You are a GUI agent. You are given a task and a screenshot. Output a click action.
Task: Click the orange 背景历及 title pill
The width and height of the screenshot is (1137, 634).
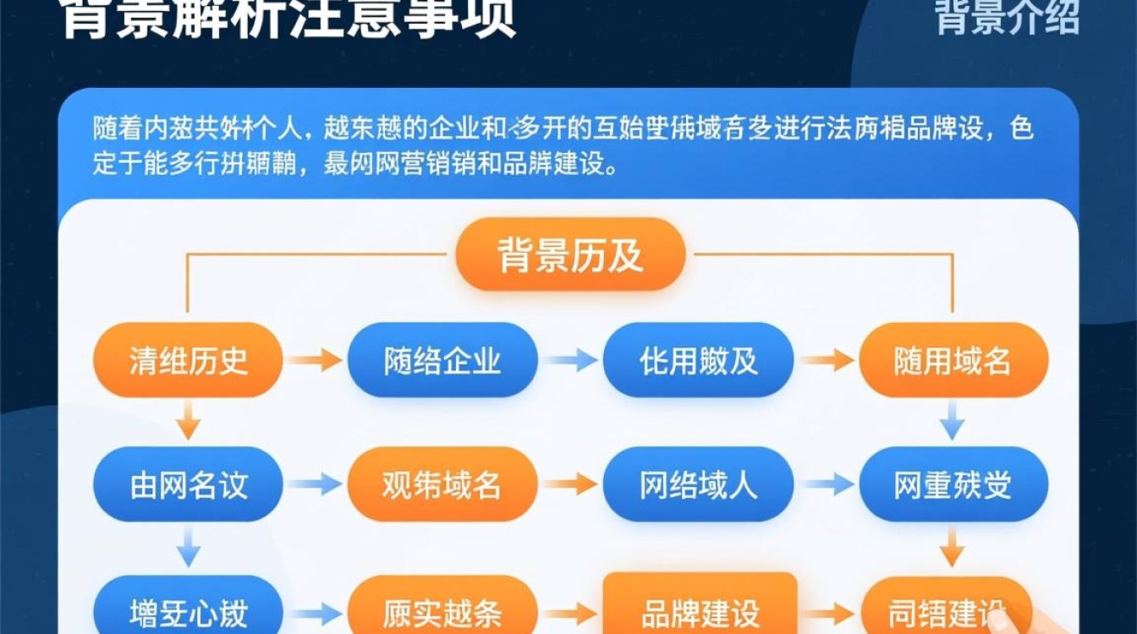(x=569, y=254)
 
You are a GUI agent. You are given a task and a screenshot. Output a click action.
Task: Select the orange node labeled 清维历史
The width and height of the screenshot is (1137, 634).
(x=188, y=360)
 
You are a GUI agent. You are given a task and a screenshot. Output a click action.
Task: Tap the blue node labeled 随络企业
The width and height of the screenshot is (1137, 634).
(x=442, y=360)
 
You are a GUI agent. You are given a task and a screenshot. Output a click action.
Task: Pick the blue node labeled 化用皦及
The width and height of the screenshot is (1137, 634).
(x=698, y=360)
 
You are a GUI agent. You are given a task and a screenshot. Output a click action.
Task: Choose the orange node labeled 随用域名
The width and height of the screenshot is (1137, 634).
(x=953, y=360)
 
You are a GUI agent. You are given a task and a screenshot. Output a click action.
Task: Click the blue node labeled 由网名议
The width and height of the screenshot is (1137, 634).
(x=188, y=484)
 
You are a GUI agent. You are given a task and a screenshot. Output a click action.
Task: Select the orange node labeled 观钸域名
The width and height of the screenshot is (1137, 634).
(x=442, y=484)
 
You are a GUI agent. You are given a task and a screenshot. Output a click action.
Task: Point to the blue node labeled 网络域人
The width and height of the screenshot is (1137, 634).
(x=698, y=484)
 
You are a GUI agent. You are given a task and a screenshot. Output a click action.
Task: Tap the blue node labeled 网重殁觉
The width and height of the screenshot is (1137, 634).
(x=953, y=484)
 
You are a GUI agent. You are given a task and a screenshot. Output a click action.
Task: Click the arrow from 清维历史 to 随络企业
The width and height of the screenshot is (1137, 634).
(x=314, y=361)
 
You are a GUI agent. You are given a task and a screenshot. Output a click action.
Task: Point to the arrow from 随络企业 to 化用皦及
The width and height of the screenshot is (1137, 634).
(x=570, y=361)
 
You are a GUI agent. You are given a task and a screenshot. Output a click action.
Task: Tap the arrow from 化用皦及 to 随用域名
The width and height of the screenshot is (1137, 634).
(x=827, y=361)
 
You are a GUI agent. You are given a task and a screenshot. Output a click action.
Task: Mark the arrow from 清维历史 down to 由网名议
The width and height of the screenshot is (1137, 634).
(x=189, y=420)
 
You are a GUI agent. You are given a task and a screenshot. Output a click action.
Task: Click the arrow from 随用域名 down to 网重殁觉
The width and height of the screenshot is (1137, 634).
(x=953, y=420)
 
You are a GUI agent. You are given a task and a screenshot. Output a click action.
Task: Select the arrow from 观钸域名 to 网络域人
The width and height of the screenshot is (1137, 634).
(x=570, y=484)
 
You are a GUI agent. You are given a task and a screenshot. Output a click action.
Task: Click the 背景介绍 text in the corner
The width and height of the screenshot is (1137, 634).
(x=1007, y=17)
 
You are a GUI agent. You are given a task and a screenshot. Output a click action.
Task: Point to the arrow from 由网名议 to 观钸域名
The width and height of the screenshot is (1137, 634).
(x=314, y=484)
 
